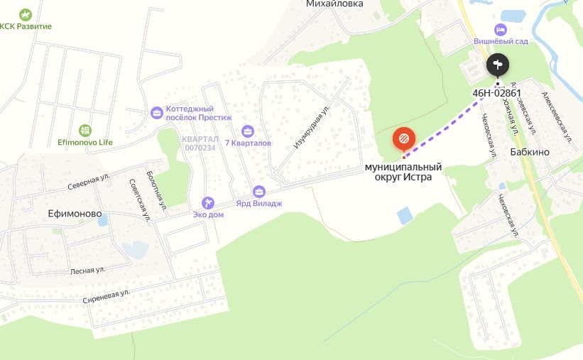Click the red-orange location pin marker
click(403, 138)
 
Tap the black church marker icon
click(498, 65)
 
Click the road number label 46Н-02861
click(496, 92)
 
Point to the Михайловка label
click(334, 4)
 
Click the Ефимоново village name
click(75, 213)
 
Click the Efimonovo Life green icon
click(85, 130)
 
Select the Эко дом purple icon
click(208, 202)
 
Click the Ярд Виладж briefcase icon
click(258, 191)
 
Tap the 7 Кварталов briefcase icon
click(247, 131)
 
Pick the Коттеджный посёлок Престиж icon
click(157, 112)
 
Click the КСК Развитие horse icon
click(26, 14)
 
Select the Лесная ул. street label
click(87, 271)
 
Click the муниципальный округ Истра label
click(403, 172)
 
